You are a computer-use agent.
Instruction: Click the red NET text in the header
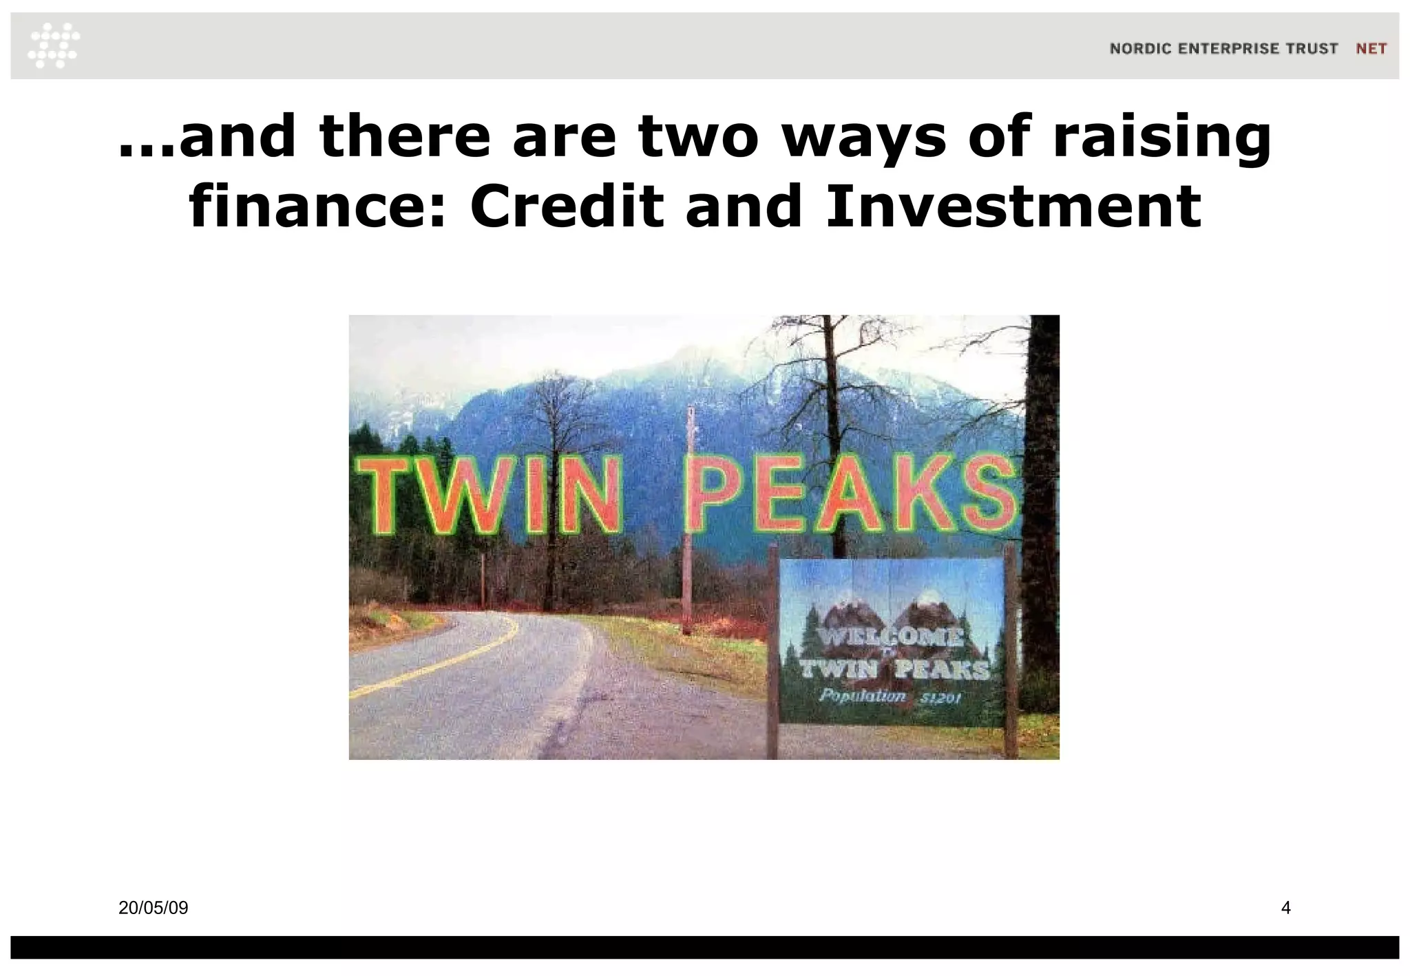[1371, 49]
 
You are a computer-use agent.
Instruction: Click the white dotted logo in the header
[54, 45]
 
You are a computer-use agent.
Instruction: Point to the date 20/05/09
[153, 908]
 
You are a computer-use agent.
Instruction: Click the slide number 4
[1285, 908]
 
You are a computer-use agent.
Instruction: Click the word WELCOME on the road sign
[892, 637]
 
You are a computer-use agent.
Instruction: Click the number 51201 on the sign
[941, 699]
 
